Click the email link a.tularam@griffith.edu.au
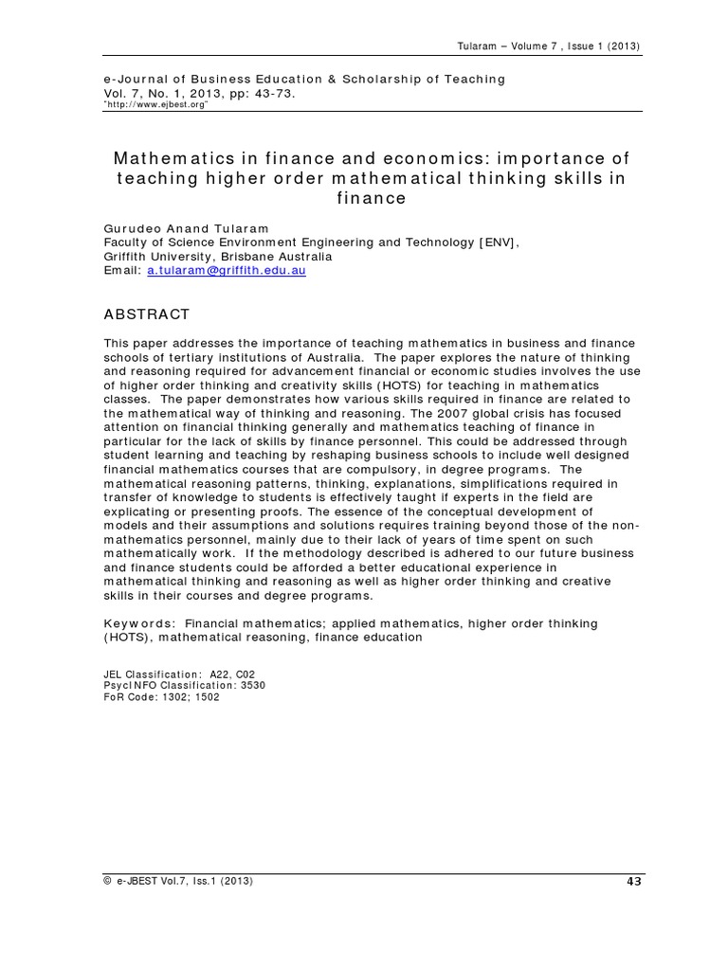point(227,270)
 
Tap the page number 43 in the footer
point(634,881)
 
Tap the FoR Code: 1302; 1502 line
point(161,696)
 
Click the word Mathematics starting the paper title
point(170,158)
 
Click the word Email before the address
point(121,270)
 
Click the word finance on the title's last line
point(372,199)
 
